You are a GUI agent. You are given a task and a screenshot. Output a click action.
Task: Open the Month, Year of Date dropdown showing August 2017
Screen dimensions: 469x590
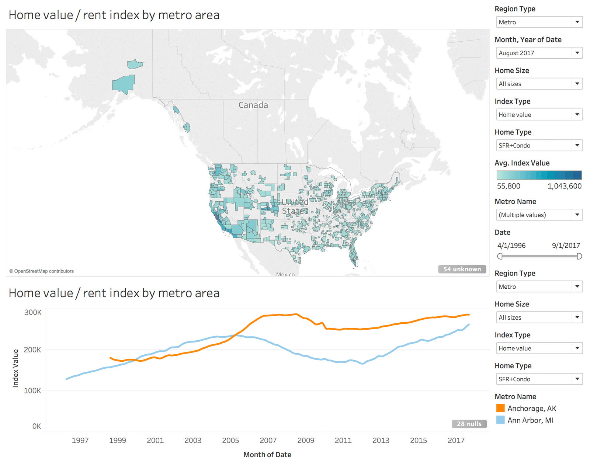pyautogui.click(x=539, y=53)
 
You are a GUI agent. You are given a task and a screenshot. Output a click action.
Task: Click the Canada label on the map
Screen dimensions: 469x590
pyautogui.click(x=253, y=105)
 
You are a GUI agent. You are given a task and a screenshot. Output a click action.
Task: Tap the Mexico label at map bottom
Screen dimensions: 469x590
pyautogui.click(x=285, y=274)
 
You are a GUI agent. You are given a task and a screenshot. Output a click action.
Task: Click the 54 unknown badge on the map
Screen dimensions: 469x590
pyautogui.click(x=462, y=269)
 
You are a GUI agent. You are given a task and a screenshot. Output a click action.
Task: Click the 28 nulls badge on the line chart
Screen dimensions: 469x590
pyautogui.click(x=469, y=424)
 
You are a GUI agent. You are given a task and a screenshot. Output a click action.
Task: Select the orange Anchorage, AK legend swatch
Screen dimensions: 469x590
pyautogui.click(x=500, y=408)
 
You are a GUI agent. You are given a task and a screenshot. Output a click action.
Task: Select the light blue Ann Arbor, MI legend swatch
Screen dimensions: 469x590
pyautogui.click(x=500, y=420)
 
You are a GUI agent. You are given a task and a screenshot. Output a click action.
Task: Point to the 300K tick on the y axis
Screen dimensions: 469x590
pyautogui.click(x=33, y=312)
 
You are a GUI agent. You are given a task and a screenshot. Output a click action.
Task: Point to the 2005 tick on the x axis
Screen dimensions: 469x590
pyautogui.click(x=230, y=440)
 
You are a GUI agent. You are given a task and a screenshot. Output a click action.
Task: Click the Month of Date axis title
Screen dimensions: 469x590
pyautogui.click(x=267, y=455)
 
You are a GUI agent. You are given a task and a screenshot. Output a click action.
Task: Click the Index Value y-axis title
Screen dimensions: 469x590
pyautogui.click(x=15, y=368)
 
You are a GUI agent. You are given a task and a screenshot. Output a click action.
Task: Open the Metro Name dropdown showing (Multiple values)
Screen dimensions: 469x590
pyautogui.click(x=539, y=215)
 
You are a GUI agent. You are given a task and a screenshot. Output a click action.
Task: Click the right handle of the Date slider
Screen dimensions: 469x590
pyautogui.click(x=579, y=256)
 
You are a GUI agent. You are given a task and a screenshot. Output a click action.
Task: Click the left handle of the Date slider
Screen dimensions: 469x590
pyautogui.click(x=500, y=256)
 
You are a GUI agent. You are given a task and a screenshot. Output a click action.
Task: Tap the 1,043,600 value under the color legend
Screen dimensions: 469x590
pyautogui.click(x=564, y=186)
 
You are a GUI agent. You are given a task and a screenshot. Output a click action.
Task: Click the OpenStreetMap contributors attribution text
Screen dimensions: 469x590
pyautogui.click(x=41, y=271)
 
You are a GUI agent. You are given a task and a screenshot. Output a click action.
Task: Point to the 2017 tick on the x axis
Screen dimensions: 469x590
pyautogui.click(x=456, y=440)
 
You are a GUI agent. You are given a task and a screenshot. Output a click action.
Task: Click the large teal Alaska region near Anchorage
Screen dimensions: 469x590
pyautogui.click(x=124, y=84)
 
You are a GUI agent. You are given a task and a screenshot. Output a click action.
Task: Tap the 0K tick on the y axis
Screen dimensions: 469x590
pyautogui.click(x=37, y=426)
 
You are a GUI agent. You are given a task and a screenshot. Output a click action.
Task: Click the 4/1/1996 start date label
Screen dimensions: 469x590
pyautogui.click(x=511, y=246)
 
